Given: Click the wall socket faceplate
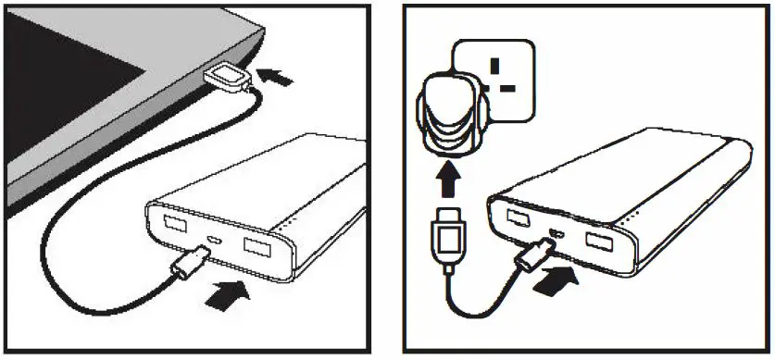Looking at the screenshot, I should point(495,79).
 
